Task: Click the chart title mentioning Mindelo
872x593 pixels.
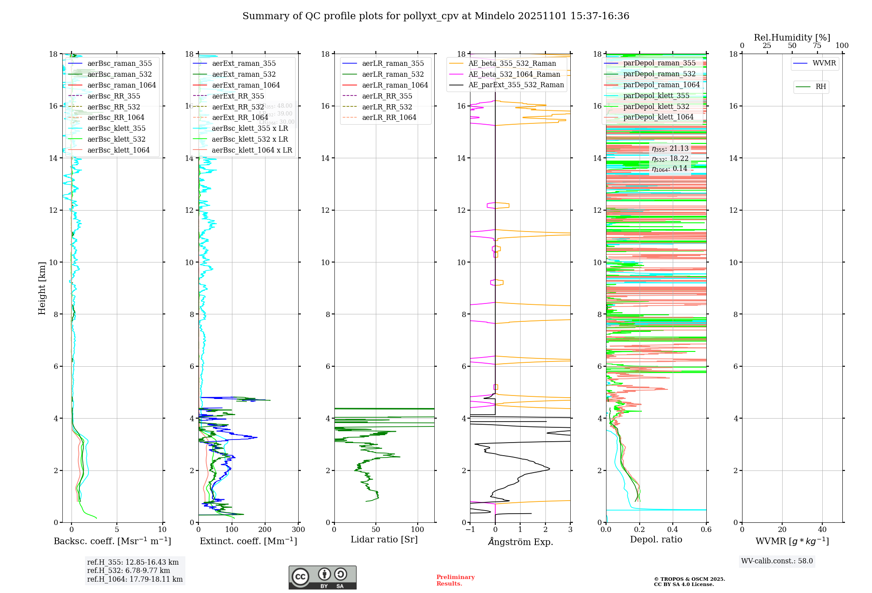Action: tap(436, 16)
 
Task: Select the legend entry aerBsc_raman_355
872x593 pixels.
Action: tap(119, 64)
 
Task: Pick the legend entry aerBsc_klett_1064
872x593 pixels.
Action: tap(118, 150)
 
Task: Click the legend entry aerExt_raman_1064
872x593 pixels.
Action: tap(246, 85)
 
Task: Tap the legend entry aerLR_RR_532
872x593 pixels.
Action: tap(387, 107)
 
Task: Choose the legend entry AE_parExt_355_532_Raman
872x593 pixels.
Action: tap(516, 85)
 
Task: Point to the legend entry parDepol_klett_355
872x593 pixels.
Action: tap(656, 96)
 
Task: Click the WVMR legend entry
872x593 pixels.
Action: tap(824, 63)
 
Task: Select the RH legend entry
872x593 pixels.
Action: tap(821, 87)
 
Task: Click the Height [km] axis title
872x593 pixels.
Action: tap(42, 288)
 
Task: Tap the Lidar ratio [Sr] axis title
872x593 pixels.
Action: tap(384, 540)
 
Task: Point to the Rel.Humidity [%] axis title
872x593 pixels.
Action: tap(792, 37)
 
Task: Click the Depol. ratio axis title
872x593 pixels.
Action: tap(656, 540)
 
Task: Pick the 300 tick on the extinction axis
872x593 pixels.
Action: tap(299, 530)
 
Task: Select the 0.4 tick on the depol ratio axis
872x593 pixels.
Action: tap(673, 530)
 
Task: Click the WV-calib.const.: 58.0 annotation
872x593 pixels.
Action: tap(777, 561)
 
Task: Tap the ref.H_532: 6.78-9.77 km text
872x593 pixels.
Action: tap(129, 571)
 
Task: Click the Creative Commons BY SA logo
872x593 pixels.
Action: tap(322, 577)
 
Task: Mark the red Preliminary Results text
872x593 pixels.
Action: tap(455, 580)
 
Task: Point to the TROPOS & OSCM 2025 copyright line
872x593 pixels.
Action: tap(689, 579)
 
